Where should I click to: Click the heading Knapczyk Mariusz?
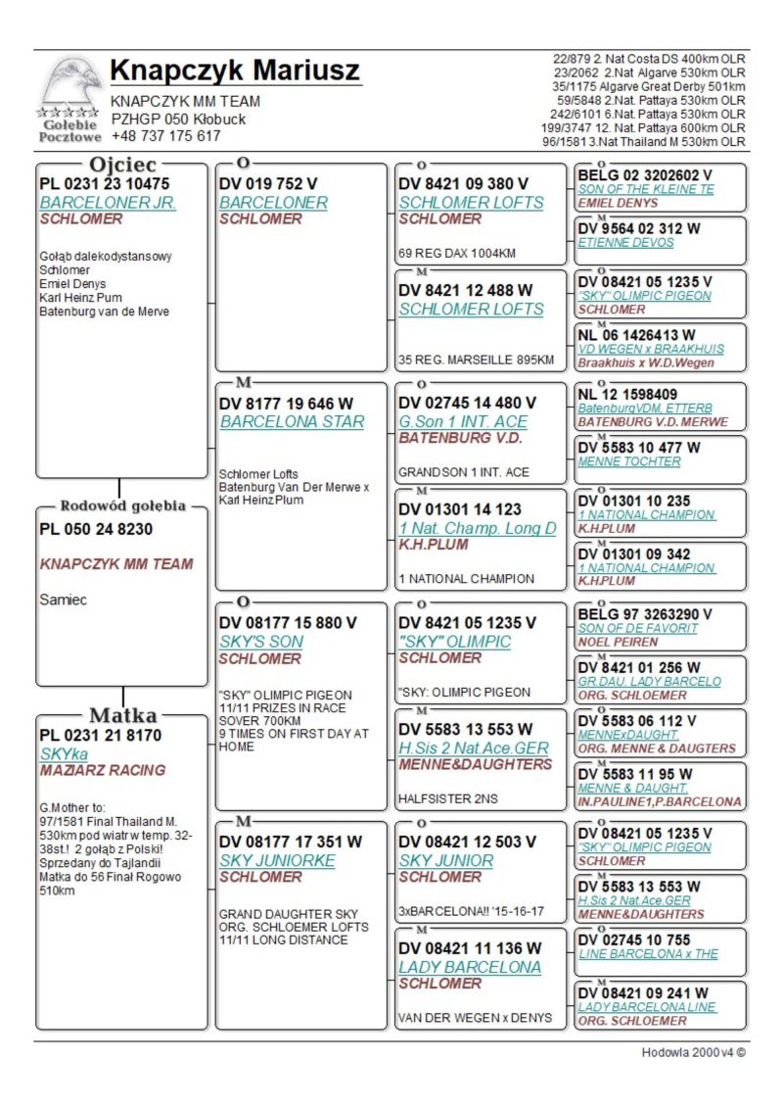click(x=235, y=72)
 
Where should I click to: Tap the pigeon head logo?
click(x=70, y=83)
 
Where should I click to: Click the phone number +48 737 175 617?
click(x=165, y=136)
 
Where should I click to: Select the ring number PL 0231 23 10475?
click(x=105, y=183)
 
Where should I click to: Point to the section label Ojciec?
click(x=123, y=164)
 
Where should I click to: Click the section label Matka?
click(x=124, y=714)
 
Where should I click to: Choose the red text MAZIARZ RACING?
click(x=103, y=770)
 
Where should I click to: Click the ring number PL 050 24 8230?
click(x=96, y=529)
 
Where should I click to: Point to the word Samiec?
click(x=64, y=600)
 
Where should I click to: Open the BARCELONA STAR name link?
click(x=292, y=421)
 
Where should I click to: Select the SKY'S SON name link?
click(x=261, y=641)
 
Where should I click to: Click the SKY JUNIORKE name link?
click(x=277, y=860)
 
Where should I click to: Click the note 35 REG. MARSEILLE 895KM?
click(x=477, y=360)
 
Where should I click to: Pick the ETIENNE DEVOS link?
click(x=625, y=242)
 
